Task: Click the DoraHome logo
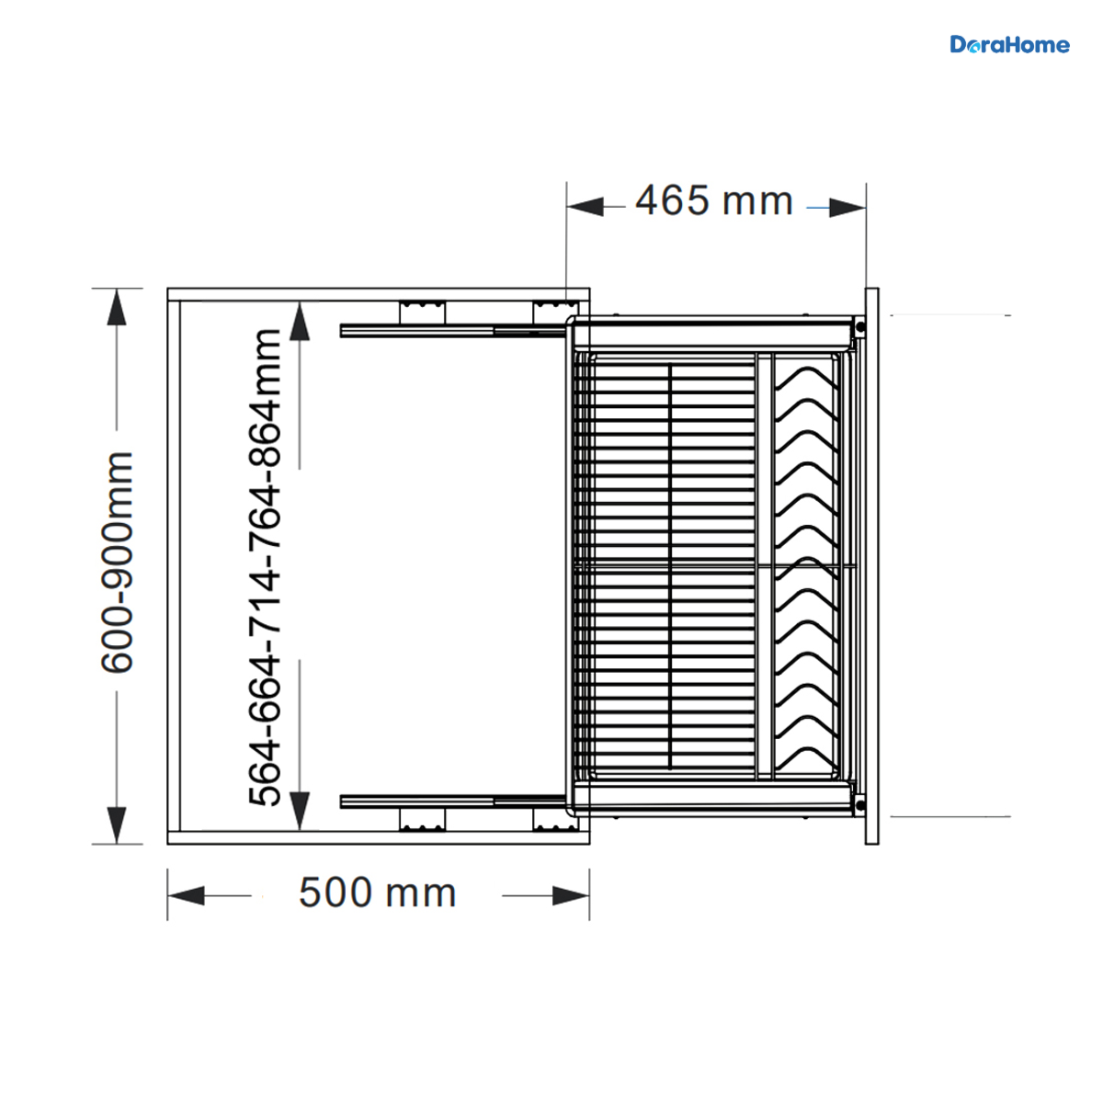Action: coord(1009,45)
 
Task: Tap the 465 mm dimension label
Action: coord(714,201)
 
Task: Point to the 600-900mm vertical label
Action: coord(118,563)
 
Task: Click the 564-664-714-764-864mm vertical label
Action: coord(265,567)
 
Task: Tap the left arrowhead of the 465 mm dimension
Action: coord(585,207)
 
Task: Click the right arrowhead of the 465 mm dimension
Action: coord(847,208)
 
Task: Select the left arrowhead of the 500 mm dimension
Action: coord(186,896)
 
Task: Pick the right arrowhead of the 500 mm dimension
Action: coord(571,896)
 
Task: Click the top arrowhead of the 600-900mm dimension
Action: coord(117,307)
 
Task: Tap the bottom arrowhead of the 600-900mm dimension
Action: coord(117,825)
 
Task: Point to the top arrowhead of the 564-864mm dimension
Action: coord(300,322)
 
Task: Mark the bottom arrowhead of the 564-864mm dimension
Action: coord(300,811)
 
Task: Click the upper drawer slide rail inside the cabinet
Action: coord(453,331)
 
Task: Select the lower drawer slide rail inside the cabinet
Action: coord(453,802)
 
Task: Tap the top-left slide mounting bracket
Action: coord(423,313)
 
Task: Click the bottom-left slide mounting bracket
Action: coord(423,819)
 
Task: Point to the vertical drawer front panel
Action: coord(871,566)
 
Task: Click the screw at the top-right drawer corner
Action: coord(859,327)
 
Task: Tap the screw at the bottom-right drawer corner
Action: coord(859,805)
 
